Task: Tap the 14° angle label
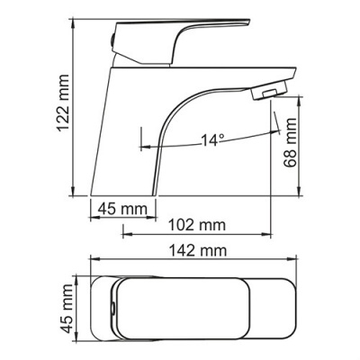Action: click(211, 140)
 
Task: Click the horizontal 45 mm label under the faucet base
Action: click(121, 211)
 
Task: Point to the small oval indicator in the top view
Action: click(112, 311)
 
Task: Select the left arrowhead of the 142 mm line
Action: click(91, 264)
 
